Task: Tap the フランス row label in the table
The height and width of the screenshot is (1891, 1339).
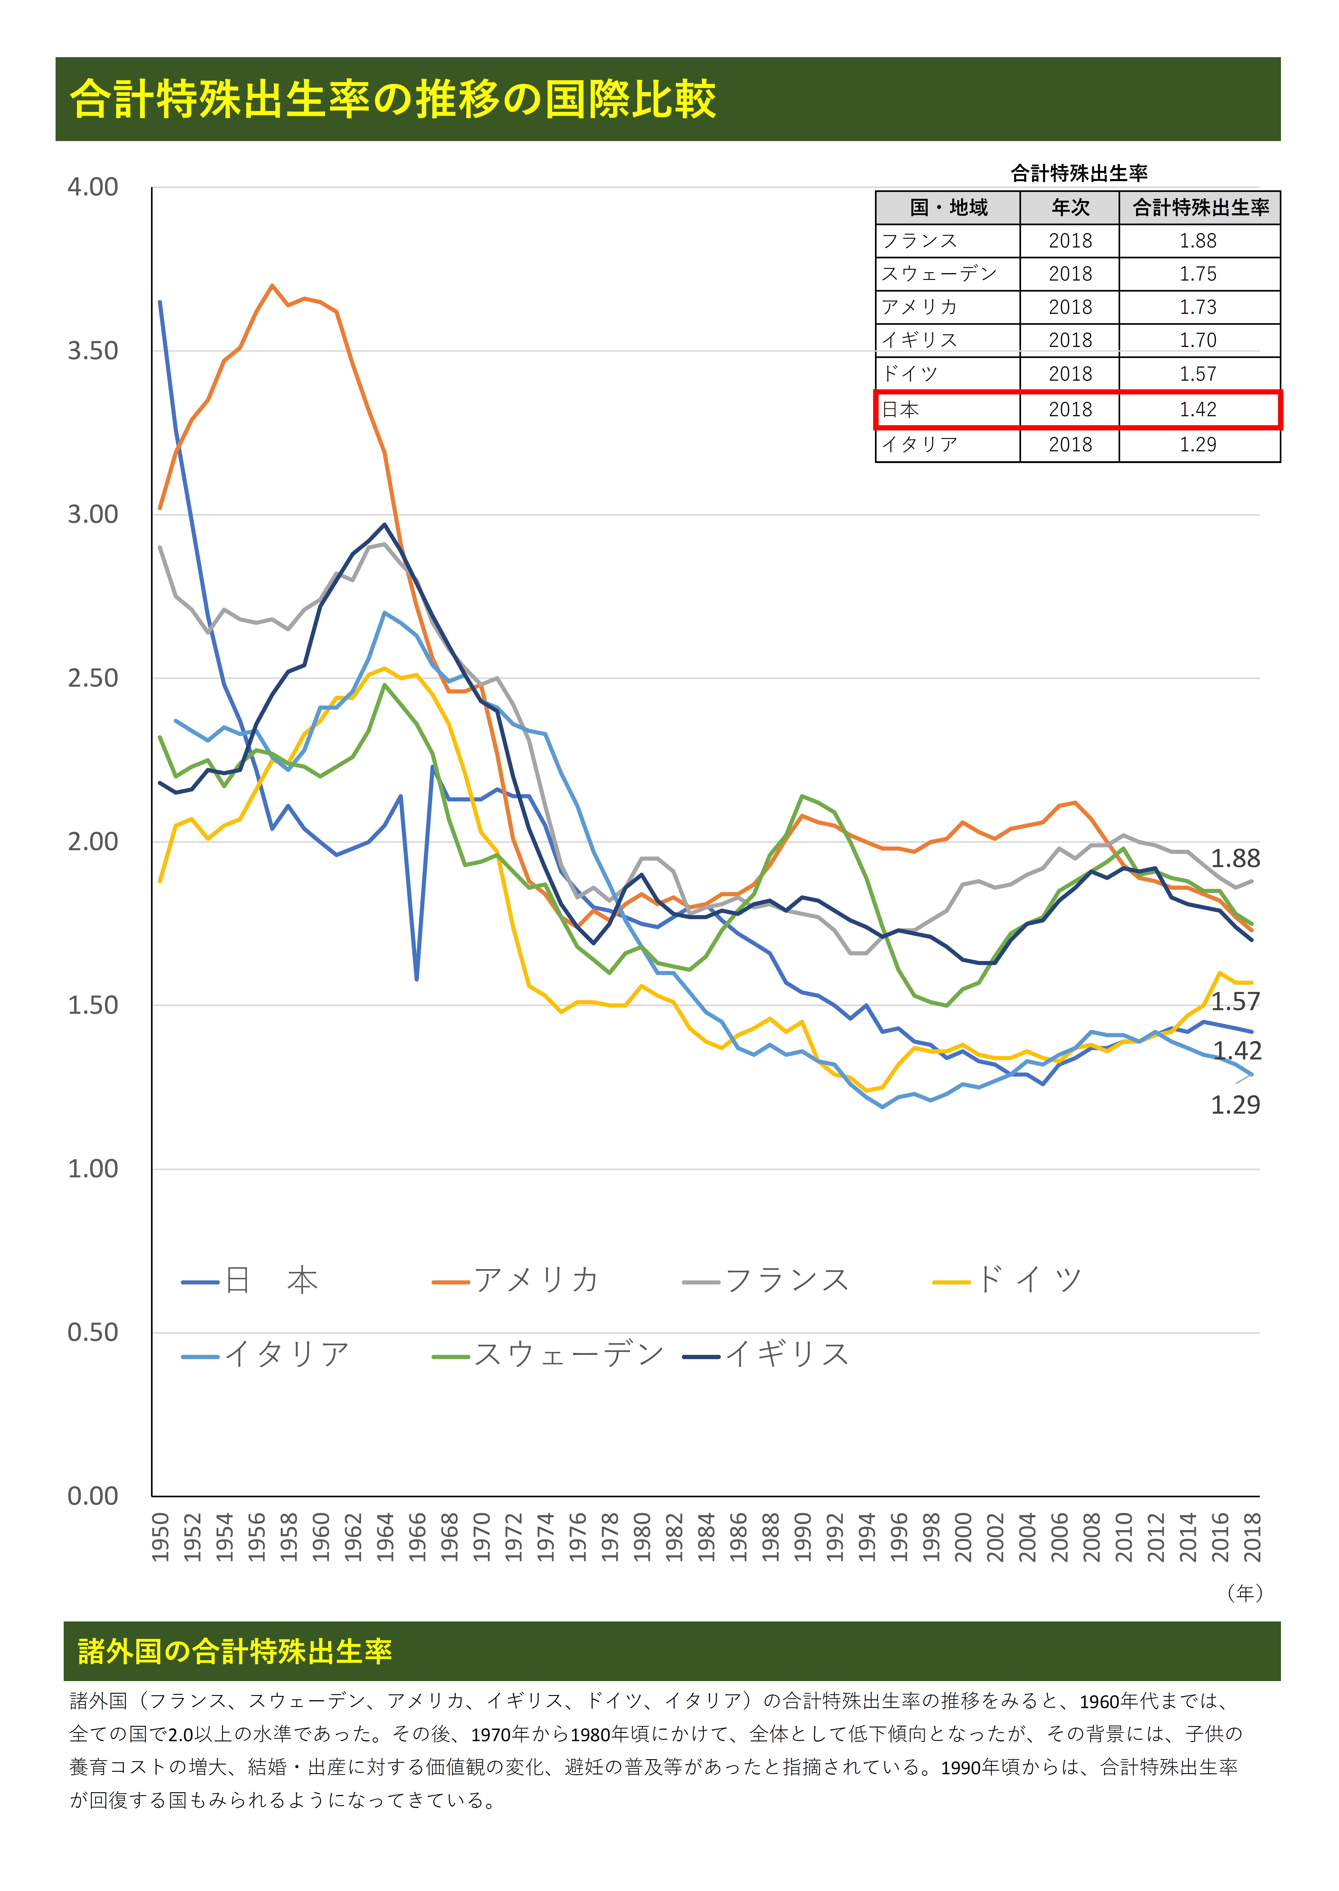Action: (919, 241)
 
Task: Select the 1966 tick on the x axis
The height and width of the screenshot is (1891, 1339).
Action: (417, 1537)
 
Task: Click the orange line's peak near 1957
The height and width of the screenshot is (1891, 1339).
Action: (272, 286)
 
